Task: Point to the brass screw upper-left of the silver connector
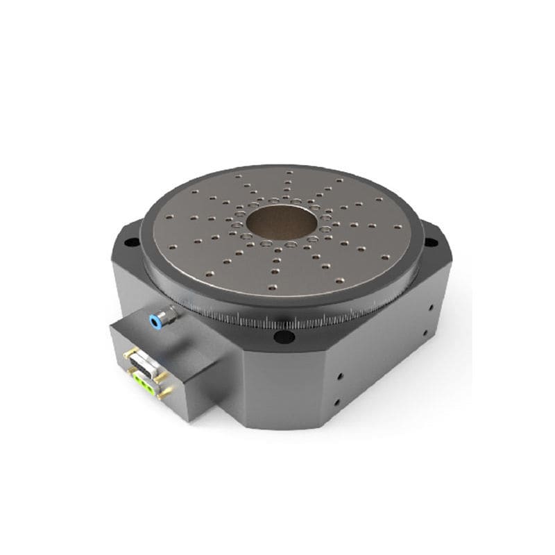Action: (127, 355)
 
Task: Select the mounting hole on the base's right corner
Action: (432, 242)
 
